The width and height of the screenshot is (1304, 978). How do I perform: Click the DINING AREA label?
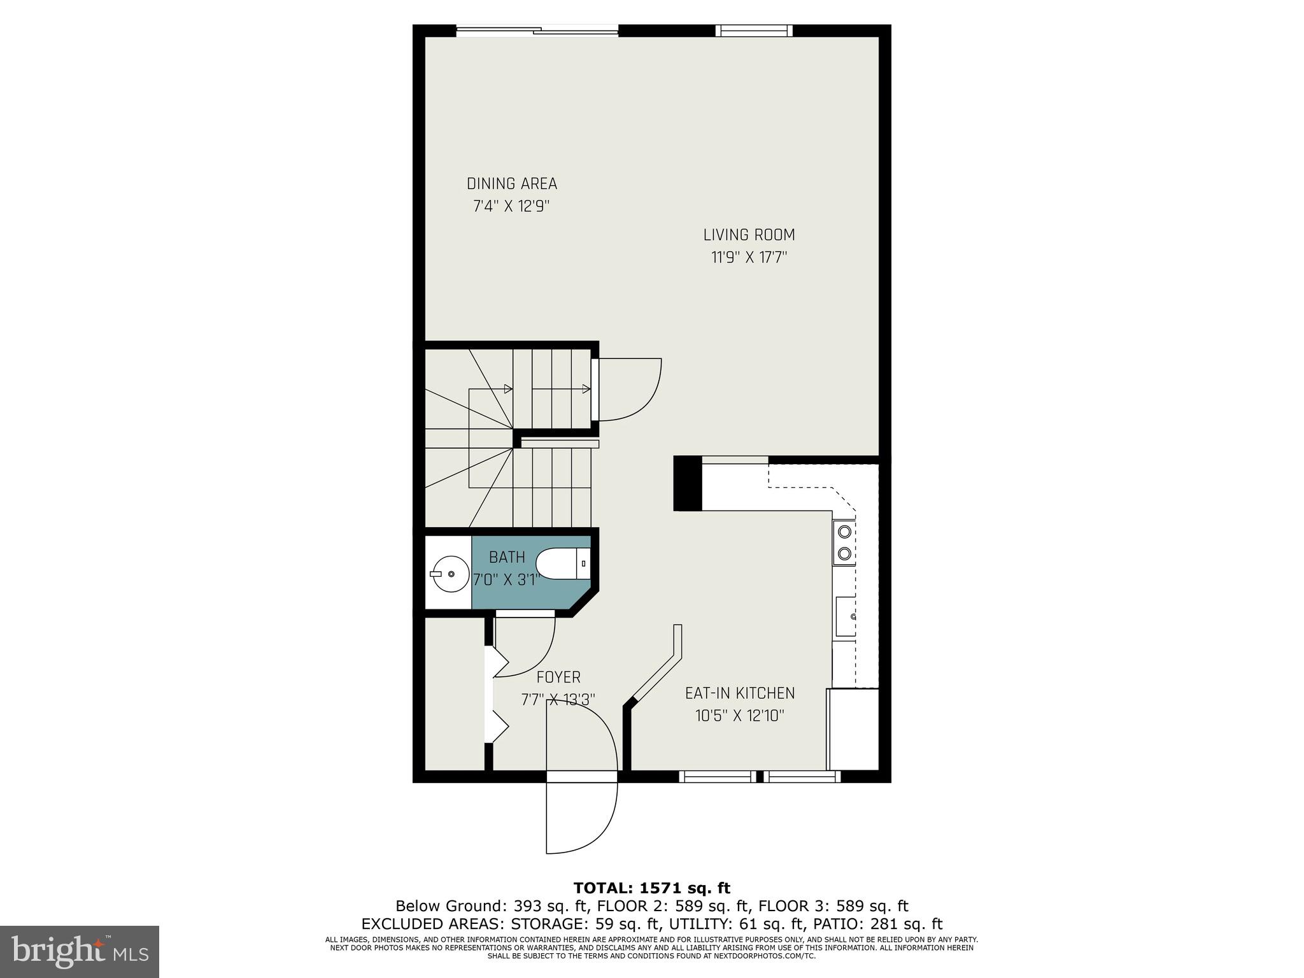click(512, 184)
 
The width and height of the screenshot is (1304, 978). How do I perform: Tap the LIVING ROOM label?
click(749, 235)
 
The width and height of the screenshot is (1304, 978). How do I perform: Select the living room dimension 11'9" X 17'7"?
click(749, 258)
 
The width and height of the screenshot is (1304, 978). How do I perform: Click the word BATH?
click(507, 557)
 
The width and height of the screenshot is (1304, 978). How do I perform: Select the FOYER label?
click(558, 677)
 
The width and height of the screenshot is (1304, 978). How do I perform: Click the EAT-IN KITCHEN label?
click(740, 693)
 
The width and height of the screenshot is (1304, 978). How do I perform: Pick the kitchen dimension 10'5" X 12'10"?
click(739, 716)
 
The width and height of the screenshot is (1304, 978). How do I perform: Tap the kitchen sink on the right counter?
click(846, 616)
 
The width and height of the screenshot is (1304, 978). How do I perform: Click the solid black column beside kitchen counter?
click(688, 483)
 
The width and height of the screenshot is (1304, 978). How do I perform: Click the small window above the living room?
click(754, 31)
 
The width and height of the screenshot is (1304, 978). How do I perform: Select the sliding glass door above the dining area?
click(537, 31)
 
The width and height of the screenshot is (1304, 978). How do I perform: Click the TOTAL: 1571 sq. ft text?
click(651, 888)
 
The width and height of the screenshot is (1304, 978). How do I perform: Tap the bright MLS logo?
click(80, 952)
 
